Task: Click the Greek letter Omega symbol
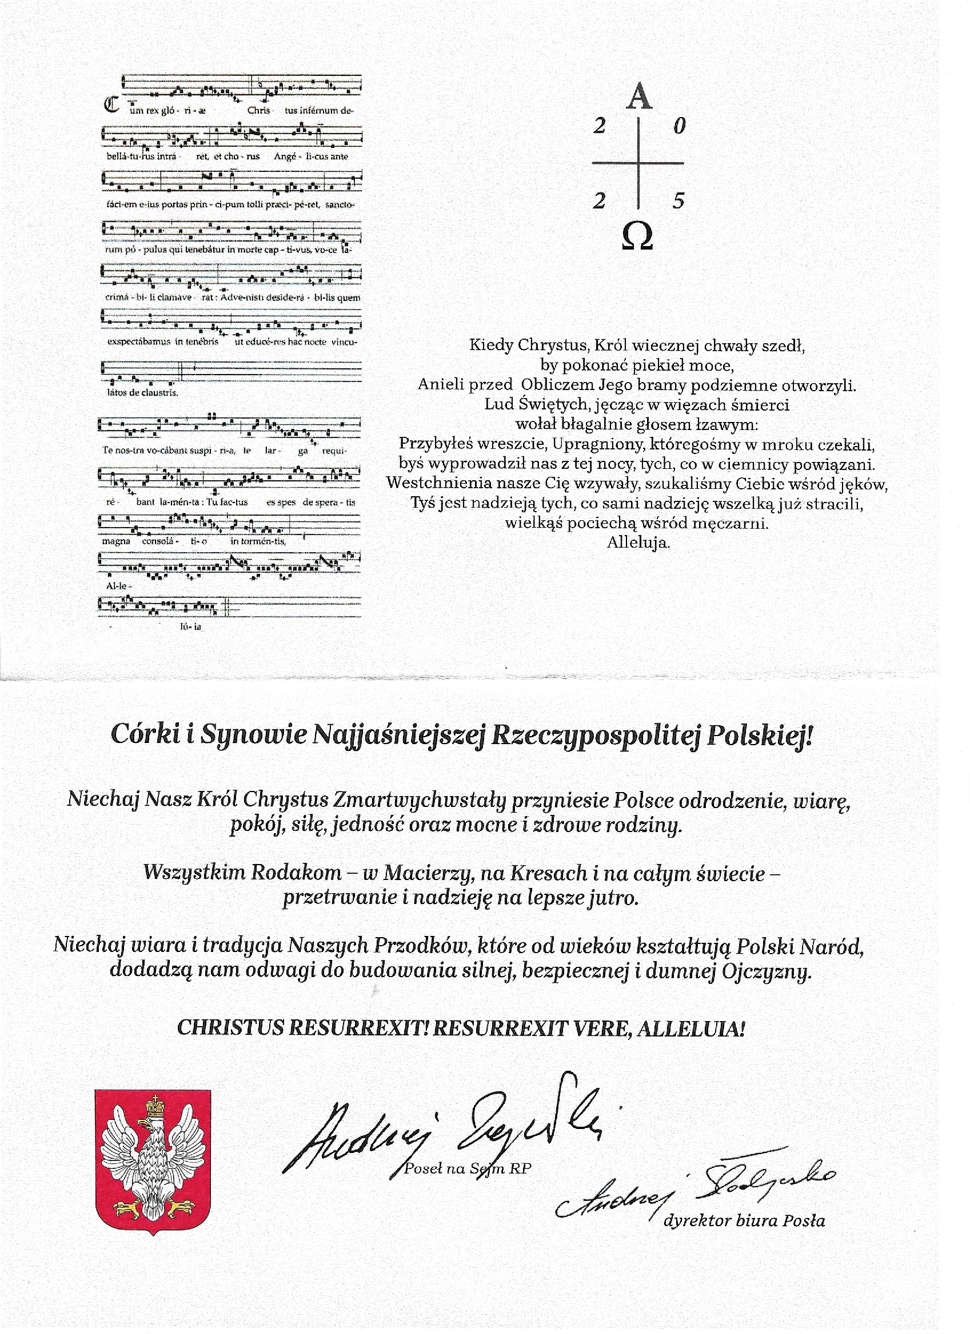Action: pyautogui.click(x=637, y=236)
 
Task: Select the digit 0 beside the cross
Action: pyautogui.click(x=679, y=126)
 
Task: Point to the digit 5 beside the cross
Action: pyautogui.click(x=678, y=201)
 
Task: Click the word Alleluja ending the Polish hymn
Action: pyautogui.click(x=638, y=543)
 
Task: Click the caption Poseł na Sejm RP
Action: pyautogui.click(x=468, y=1169)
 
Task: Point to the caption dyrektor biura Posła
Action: pyautogui.click(x=744, y=1220)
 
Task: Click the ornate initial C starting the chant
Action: pyautogui.click(x=111, y=105)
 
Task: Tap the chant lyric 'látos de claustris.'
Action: pyautogui.click(x=142, y=392)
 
